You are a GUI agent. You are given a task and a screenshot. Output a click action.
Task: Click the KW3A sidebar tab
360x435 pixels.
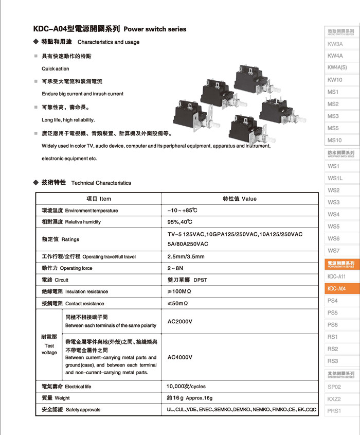click(335, 44)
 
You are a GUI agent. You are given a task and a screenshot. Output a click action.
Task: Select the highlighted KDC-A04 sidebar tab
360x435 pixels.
click(336, 289)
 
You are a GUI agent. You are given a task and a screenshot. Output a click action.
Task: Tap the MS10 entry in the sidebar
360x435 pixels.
click(335, 140)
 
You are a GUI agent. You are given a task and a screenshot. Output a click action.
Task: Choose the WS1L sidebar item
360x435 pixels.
click(335, 178)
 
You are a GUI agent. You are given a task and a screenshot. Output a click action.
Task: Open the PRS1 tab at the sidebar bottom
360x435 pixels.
click(334, 411)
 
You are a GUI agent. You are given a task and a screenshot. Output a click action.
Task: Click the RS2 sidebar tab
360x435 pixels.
click(333, 349)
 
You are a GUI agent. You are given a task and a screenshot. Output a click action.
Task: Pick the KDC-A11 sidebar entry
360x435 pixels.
click(336, 276)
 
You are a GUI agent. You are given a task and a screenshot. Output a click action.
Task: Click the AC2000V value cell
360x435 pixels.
click(179, 321)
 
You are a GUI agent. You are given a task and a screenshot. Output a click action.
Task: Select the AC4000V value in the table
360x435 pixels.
click(179, 357)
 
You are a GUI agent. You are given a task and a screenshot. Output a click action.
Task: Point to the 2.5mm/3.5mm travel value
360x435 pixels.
click(186, 256)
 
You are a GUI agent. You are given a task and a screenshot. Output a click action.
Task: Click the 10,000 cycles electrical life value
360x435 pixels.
click(186, 386)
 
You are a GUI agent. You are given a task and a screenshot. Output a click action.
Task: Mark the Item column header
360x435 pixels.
click(98, 199)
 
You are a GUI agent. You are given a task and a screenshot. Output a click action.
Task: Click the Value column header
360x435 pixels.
click(239, 199)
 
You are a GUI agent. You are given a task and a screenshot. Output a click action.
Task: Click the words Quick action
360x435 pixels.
click(55, 68)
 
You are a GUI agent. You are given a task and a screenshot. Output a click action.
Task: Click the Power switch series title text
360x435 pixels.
click(155, 29)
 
